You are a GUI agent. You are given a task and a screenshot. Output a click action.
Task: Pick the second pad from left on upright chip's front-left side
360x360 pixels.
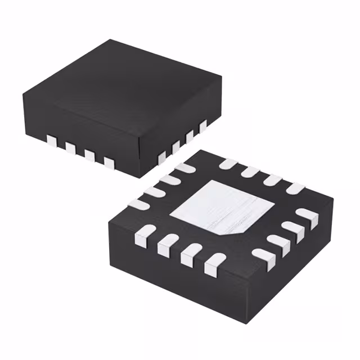(x=70, y=148)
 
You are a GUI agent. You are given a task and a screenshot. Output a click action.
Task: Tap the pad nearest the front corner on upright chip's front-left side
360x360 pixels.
(x=109, y=163)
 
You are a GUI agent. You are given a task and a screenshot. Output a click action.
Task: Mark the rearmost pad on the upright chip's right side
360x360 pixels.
(x=203, y=126)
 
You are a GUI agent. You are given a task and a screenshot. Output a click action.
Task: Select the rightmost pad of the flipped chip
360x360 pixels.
(x=307, y=216)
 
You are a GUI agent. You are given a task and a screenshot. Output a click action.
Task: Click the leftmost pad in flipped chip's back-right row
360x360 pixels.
(x=228, y=164)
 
